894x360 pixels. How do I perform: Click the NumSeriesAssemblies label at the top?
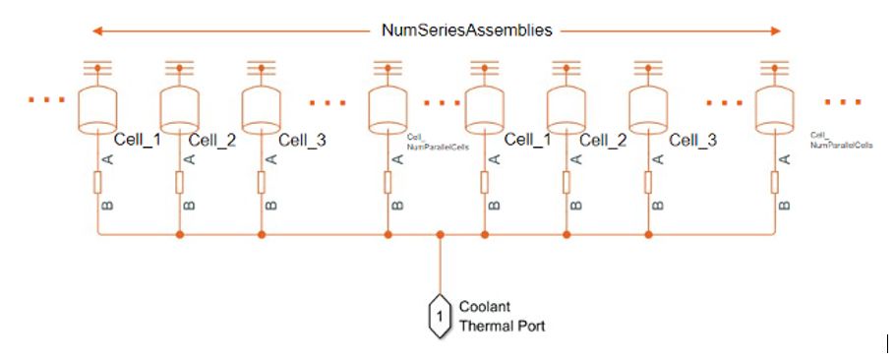[467, 30]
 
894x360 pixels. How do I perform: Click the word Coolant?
[483, 306]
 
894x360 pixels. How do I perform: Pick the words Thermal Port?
[502, 326]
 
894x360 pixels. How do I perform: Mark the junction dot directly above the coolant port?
[441, 235]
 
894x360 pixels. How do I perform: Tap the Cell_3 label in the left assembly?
[301, 141]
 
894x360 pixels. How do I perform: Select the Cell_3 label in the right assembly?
[692, 141]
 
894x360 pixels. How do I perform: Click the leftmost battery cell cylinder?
[97, 111]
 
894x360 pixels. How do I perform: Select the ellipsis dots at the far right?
[846, 100]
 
